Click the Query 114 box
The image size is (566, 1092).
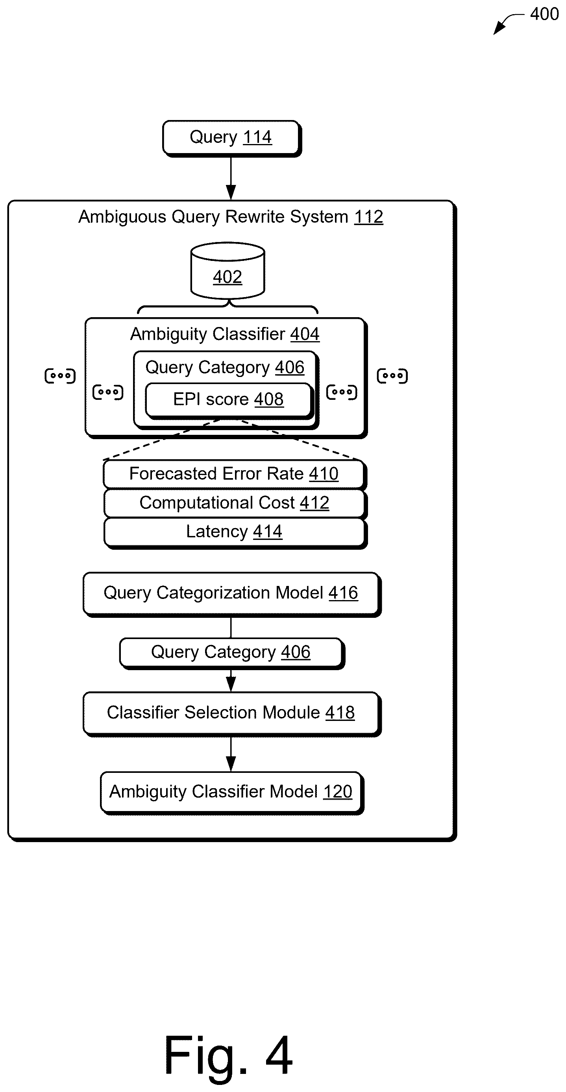click(x=231, y=138)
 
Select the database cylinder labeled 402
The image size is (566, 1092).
click(x=228, y=270)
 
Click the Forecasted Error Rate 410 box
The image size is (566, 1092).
click(x=235, y=474)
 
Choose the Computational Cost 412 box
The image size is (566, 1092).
click(x=235, y=503)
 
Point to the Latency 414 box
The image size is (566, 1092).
click(x=235, y=533)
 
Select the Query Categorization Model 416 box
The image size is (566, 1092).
click(x=231, y=594)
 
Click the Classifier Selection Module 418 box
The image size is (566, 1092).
click(x=231, y=714)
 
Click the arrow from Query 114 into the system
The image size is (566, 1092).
click(x=231, y=178)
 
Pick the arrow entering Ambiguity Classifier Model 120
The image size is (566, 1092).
click(x=231, y=754)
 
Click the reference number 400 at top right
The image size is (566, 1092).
click(x=544, y=14)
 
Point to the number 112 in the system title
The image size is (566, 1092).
click(x=368, y=217)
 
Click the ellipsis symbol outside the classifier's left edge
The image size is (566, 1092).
click(x=60, y=375)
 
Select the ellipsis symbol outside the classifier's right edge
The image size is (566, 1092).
click(x=392, y=375)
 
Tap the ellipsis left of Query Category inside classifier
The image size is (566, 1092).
click(x=108, y=392)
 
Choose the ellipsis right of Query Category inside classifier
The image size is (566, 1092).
click(x=342, y=392)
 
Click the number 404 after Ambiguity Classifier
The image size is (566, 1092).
click(x=305, y=334)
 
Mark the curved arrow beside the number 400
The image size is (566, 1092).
click(x=508, y=23)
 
